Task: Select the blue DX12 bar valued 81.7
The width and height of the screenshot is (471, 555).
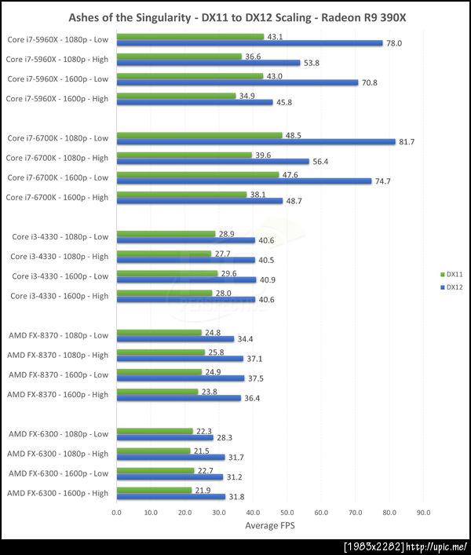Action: (256, 141)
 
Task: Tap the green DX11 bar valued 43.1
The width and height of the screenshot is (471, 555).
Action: (190, 37)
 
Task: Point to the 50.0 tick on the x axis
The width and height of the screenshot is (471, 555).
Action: (287, 512)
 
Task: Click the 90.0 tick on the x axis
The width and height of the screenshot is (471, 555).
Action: (423, 512)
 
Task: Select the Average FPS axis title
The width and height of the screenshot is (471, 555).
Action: (270, 526)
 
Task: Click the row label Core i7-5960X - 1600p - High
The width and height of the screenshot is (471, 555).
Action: (57, 99)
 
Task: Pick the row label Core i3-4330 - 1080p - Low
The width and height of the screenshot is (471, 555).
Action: (60, 236)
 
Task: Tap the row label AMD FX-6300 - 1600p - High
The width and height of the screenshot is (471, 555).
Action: (58, 493)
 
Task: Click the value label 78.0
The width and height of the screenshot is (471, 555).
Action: (394, 43)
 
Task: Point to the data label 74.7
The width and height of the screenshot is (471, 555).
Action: (382, 181)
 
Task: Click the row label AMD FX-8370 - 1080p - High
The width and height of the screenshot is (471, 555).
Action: (58, 355)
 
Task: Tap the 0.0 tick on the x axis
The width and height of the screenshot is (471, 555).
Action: (116, 512)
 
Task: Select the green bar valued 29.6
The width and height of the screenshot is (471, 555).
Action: (166, 273)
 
